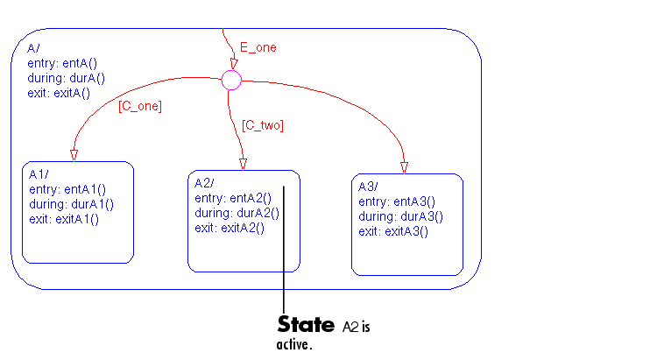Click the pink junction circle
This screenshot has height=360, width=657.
coord(231,81)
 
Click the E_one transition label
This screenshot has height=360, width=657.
coord(258,47)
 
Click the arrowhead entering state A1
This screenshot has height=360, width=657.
coord(74,155)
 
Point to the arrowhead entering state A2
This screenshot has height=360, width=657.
coord(243,164)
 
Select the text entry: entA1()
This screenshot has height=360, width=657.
coord(67,189)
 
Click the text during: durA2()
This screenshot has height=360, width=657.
coord(237,213)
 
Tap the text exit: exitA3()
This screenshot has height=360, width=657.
coord(393,231)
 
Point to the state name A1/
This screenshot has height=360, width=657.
coord(39,174)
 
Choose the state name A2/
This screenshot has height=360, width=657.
coord(204,183)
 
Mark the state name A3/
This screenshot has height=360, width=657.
coord(368,187)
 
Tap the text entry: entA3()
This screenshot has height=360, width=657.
coord(397,201)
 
